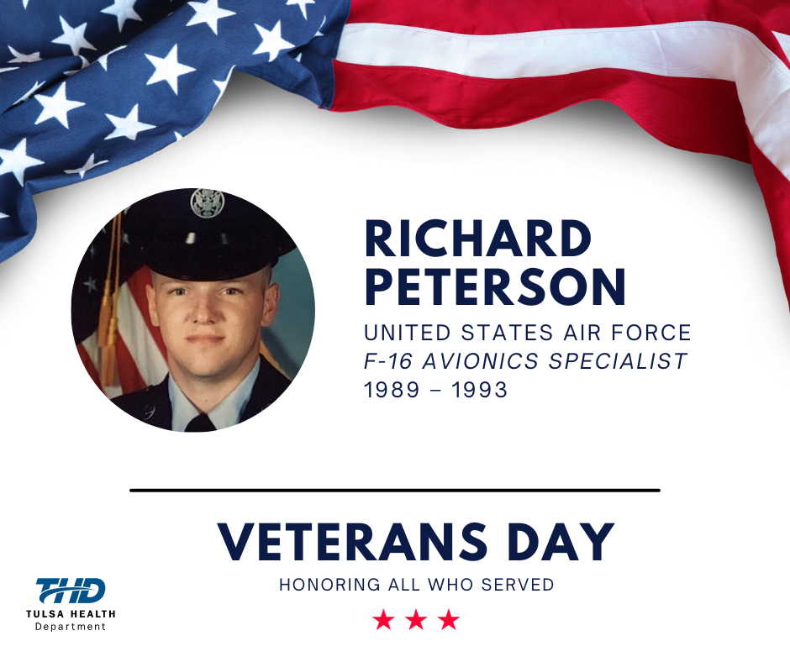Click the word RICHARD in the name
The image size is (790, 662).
tap(477, 239)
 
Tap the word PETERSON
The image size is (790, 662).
tap(495, 286)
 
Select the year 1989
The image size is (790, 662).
tap(392, 390)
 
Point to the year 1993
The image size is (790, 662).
tap(479, 390)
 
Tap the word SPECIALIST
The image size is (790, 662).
tap(618, 361)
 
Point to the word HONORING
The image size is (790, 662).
tap(330, 585)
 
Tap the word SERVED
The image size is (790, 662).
tap(518, 585)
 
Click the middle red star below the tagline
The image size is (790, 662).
tap(416, 620)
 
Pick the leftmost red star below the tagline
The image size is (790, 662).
tap(384, 620)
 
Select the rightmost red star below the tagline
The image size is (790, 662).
tap(449, 620)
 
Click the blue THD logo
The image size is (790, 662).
tap(71, 591)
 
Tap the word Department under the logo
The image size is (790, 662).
tap(71, 627)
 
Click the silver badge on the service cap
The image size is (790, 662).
tap(207, 203)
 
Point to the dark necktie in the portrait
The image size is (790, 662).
tap(201, 423)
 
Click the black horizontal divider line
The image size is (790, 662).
tap(395, 491)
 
